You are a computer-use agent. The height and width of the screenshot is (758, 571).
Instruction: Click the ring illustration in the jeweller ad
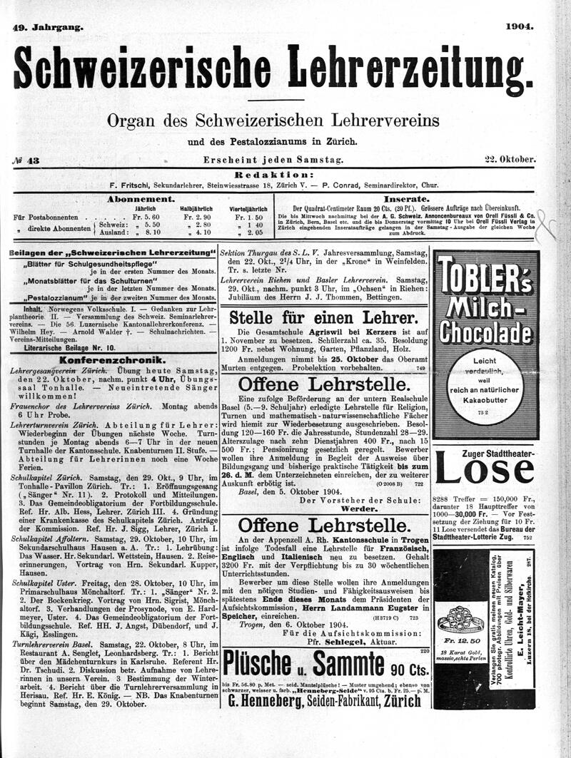pyautogui.click(x=458, y=618)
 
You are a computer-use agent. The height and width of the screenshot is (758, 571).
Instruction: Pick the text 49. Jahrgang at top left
pyautogui.click(x=49, y=27)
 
